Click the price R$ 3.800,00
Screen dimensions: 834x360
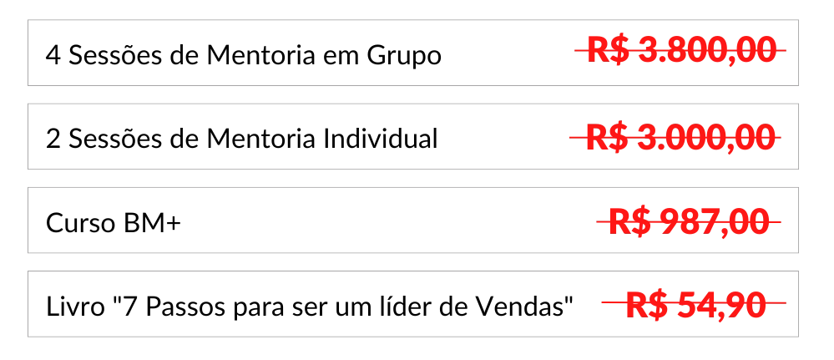[x=681, y=51]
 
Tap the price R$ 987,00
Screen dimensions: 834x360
[x=689, y=222]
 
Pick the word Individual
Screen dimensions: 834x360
[x=381, y=139]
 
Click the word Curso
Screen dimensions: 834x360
[x=80, y=223]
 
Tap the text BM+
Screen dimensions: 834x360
[x=153, y=223]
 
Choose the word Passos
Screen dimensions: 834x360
[x=185, y=307]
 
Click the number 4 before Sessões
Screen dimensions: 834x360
[x=53, y=55]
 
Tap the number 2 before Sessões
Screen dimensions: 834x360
[x=53, y=139]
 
